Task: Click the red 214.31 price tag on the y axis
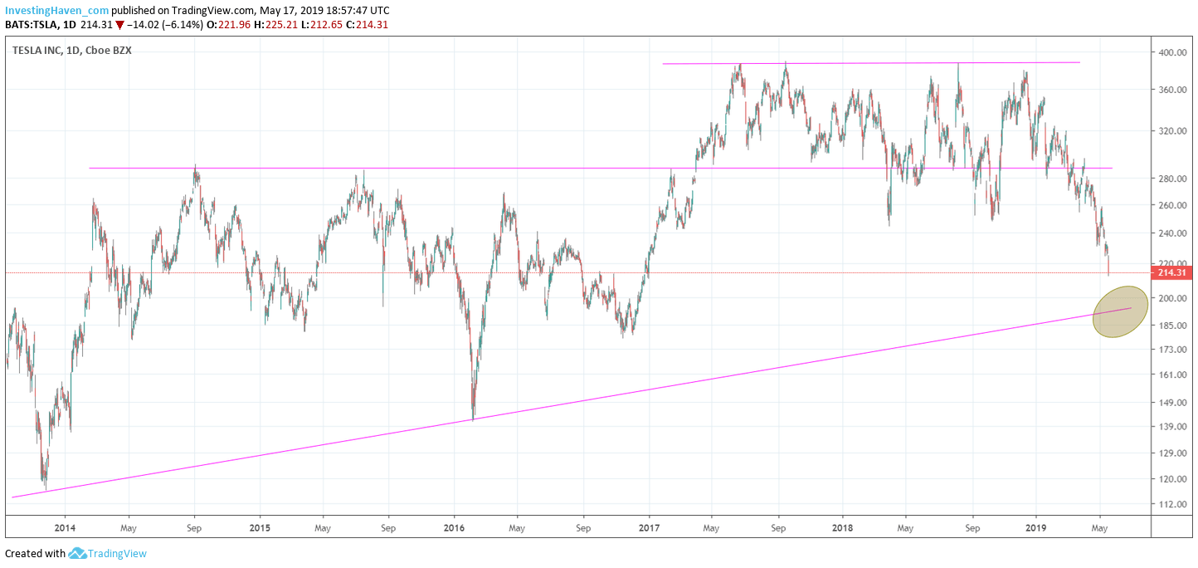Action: coord(1172,273)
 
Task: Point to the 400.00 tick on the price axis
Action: coord(1171,52)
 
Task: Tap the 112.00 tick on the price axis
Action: coord(1171,505)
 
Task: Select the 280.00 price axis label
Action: coord(1171,179)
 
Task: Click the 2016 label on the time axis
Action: coord(454,526)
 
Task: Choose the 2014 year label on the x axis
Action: coord(65,526)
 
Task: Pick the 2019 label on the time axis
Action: coord(1036,526)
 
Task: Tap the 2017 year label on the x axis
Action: coord(649,526)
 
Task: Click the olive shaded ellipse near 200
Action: coord(1120,311)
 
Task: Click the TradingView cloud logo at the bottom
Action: coord(78,553)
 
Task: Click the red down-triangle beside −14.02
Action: coord(119,25)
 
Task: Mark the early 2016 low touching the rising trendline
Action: coord(473,418)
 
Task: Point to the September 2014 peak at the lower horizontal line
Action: coord(195,166)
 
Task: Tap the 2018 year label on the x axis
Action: coord(842,526)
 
